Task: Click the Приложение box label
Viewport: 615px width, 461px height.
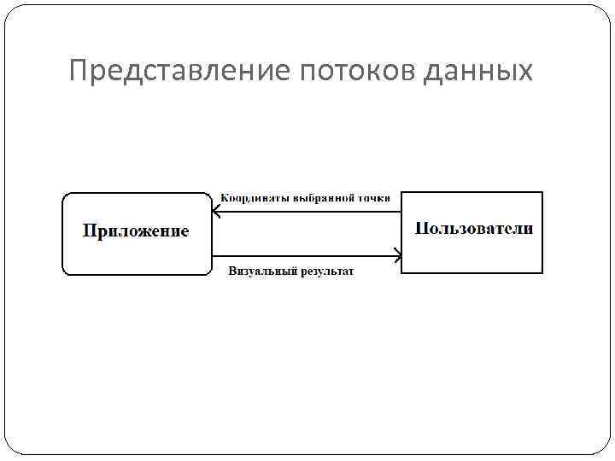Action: [136, 230]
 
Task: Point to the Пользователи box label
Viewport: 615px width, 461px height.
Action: [473, 228]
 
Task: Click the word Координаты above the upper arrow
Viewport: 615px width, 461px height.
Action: [255, 197]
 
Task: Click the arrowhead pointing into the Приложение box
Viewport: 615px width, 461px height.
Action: [216, 212]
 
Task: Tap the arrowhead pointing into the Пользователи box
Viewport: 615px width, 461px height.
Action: [397, 255]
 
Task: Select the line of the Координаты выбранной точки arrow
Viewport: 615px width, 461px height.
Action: [307, 212]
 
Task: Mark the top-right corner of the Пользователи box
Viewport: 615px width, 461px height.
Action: [542, 193]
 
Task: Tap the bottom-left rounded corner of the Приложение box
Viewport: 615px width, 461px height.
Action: [66, 272]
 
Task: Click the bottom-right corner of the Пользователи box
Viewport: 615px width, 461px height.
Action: [542, 272]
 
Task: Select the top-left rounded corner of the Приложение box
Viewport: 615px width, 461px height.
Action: [66, 195]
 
